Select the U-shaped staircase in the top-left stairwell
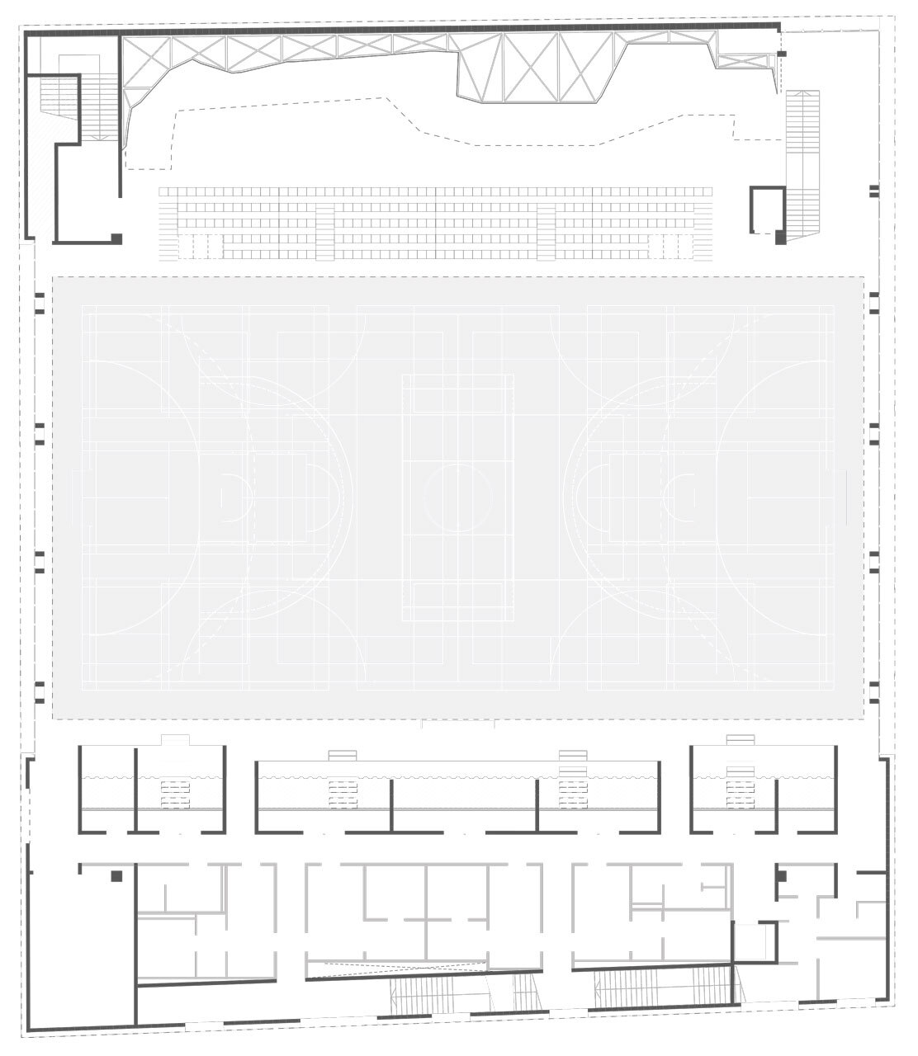(79, 104)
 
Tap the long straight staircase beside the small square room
(802, 165)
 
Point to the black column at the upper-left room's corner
(117, 238)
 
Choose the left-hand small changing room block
(153, 788)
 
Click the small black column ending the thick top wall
(782, 54)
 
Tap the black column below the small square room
(780, 238)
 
